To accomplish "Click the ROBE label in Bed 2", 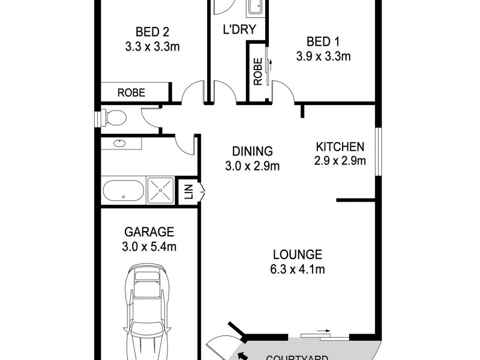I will point(131,93).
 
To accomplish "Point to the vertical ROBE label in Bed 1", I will point(257,71).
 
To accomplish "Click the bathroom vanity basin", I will point(120,143).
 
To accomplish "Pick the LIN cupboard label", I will point(188,192).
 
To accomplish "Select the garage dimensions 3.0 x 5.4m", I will point(149,246).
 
